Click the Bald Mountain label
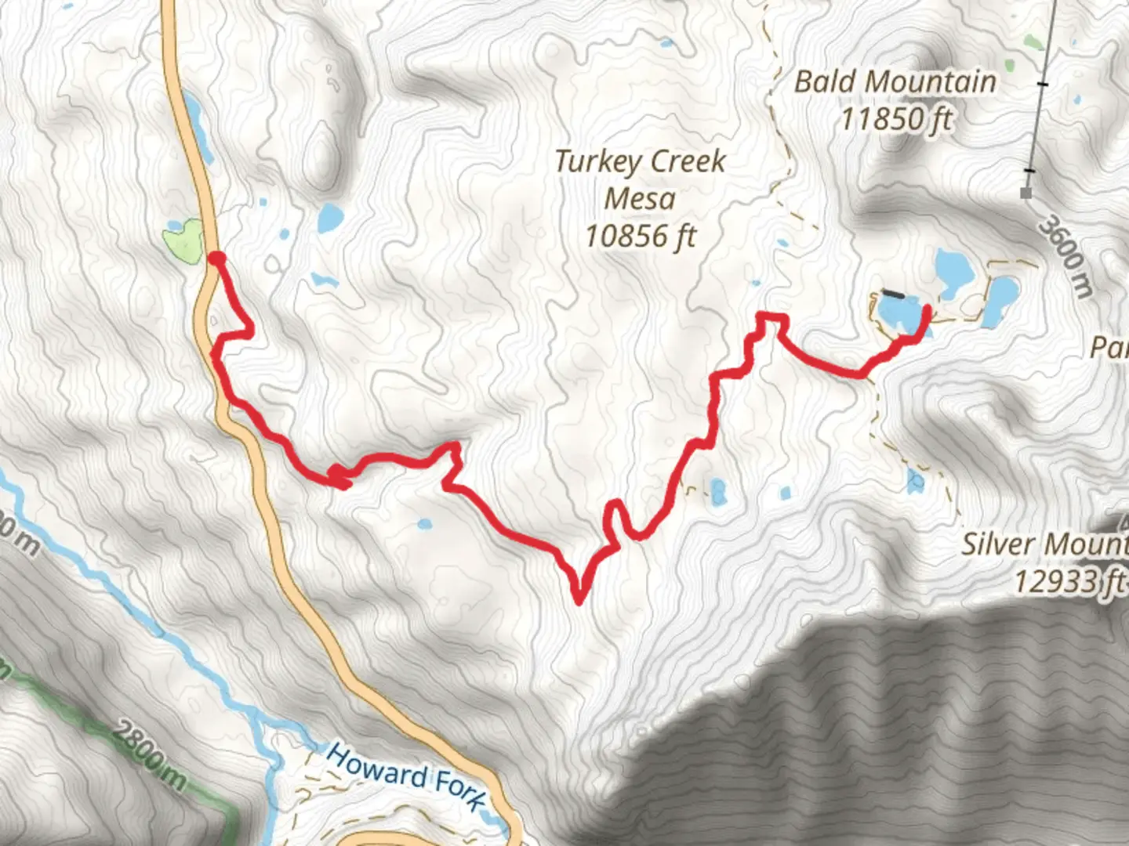click(895, 81)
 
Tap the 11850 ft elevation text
click(897, 120)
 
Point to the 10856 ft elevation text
click(641, 236)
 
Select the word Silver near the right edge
click(1000, 544)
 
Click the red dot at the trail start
click(216, 258)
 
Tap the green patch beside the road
click(183, 241)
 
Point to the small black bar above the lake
click(892, 295)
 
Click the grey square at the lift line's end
click(1026, 193)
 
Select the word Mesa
click(640, 199)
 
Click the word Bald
click(823, 81)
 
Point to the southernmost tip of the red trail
click(579, 602)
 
